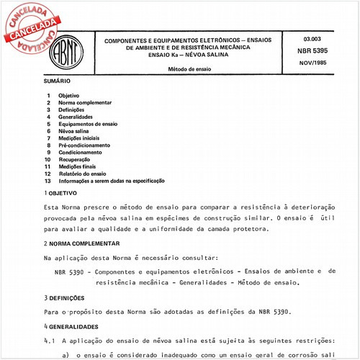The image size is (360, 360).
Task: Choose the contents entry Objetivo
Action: [70, 96]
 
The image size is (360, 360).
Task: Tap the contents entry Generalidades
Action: [76, 117]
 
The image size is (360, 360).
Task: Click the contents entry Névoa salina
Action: [75, 131]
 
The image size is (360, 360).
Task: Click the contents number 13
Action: [48, 181]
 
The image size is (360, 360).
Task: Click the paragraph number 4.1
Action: [50, 339]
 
